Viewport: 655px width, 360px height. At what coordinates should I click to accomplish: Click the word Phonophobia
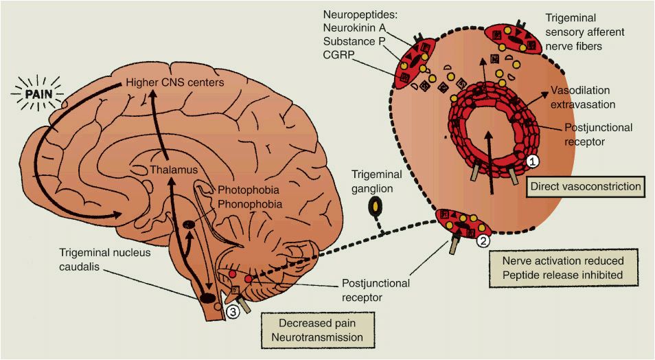tap(246, 204)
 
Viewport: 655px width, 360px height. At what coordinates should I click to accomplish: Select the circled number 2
tap(483, 240)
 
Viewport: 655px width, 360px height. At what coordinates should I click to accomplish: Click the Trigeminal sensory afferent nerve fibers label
tap(594, 32)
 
